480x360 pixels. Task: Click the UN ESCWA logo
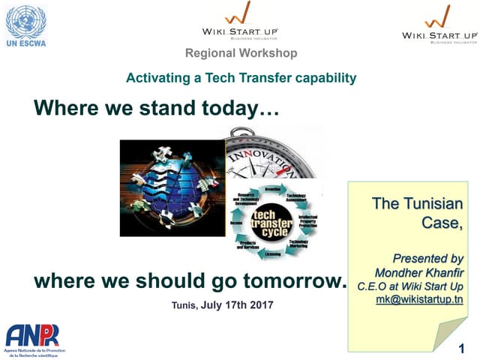point(25,26)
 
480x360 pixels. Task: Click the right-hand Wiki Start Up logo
point(439,24)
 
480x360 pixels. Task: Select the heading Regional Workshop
point(241,53)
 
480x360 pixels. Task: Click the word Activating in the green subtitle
point(153,77)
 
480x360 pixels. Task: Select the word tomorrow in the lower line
point(298,281)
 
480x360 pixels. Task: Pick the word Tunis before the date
point(184,305)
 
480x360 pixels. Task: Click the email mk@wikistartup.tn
point(419,299)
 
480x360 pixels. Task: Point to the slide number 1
point(462,349)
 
